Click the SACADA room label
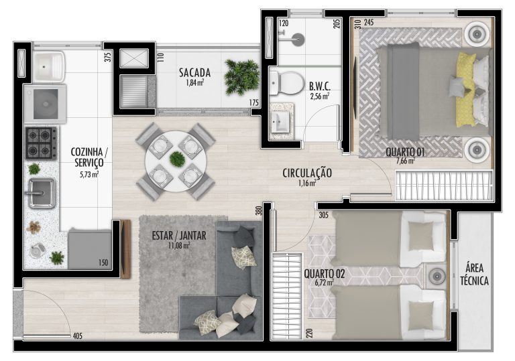click(x=194, y=72)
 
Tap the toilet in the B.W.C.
click(x=286, y=82)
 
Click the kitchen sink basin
click(x=42, y=193)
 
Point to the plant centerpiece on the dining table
click(x=177, y=159)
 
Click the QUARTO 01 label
click(x=405, y=152)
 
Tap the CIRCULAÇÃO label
click(x=306, y=173)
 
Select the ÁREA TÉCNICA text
click(x=474, y=275)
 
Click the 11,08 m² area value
click(x=178, y=245)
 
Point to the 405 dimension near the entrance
click(x=78, y=336)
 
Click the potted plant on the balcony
click(x=241, y=78)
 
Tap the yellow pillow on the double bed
click(x=467, y=90)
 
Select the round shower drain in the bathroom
click(x=298, y=40)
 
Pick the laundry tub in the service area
click(x=49, y=66)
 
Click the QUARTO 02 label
click(x=324, y=274)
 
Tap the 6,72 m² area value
click(x=325, y=282)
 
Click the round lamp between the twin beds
click(x=437, y=277)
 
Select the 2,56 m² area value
click(x=320, y=96)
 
